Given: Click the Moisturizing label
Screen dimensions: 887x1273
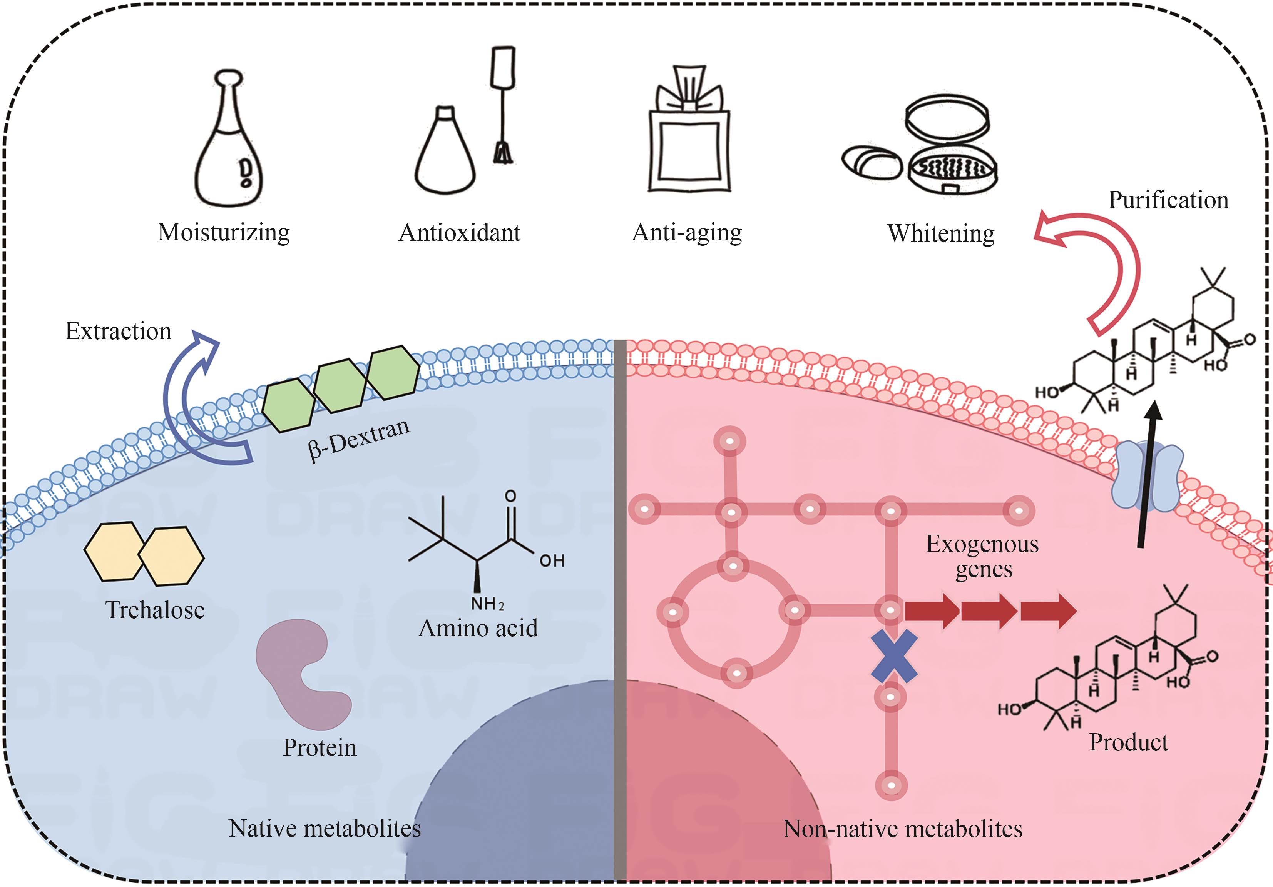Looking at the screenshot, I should tap(223, 232).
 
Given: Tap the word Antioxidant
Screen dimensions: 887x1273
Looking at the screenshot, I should tap(459, 233).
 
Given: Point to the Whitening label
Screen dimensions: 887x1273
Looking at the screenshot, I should tap(940, 233).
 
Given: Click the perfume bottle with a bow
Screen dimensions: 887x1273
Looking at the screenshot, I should tap(689, 138).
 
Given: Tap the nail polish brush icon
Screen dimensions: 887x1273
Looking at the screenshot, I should tap(503, 105).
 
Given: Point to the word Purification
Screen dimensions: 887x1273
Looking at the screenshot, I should tap(1168, 200).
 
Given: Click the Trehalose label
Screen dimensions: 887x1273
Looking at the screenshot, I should tap(155, 610).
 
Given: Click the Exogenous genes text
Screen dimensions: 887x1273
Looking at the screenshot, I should tap(982, 556).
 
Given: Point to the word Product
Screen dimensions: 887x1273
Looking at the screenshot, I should tap(1128, 742).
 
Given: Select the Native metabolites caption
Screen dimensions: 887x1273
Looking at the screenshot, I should tap(325, 828).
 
